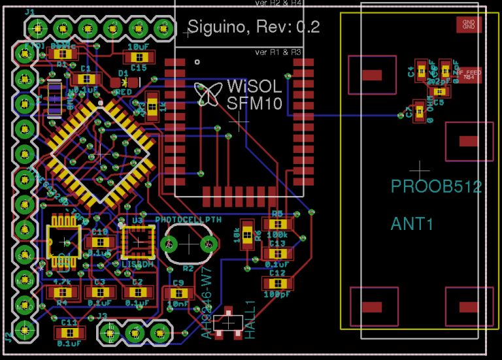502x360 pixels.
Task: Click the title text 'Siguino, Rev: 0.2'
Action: pos(254,27)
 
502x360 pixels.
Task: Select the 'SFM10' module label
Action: pos(254,103)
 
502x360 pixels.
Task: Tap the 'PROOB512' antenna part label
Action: pos(436,187)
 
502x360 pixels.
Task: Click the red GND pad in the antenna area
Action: pos(469,24)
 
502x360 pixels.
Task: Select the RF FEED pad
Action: pos(468,74)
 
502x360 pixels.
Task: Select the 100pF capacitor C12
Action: pos(277,283)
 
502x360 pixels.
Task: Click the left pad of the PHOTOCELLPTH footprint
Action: pos(169,244)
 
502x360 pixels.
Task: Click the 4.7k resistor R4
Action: pos(62,292)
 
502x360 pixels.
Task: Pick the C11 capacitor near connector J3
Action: pos(69,333)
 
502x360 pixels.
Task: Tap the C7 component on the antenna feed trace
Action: pos(419,110)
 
